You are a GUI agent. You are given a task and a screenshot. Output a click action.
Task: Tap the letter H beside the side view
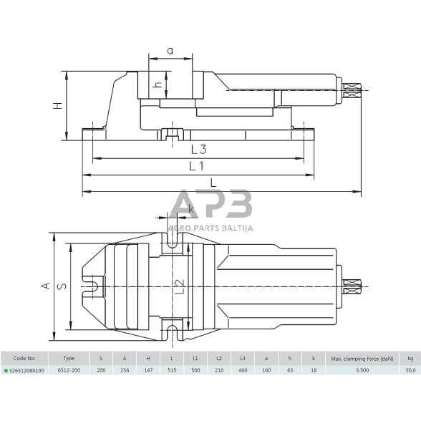coord(58,105)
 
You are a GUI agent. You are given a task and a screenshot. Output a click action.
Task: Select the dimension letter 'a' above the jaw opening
coord(170,50)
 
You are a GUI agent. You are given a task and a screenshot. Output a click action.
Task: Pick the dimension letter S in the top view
coord(62,286)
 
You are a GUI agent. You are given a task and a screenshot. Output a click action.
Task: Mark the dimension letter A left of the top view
coord(44,286)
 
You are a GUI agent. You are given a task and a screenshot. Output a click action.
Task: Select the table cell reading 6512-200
coord(69,371)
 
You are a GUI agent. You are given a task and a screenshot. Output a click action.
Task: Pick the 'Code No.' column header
coord(24,358)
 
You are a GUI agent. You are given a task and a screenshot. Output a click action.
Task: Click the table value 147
coord(147,371)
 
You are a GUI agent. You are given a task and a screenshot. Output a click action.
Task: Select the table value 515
coord(171,371)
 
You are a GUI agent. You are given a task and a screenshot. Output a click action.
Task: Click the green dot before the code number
coord(5,371)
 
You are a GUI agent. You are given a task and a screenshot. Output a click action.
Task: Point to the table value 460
coord(243,371)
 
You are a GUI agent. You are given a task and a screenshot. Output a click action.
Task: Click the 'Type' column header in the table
coord(69,358)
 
